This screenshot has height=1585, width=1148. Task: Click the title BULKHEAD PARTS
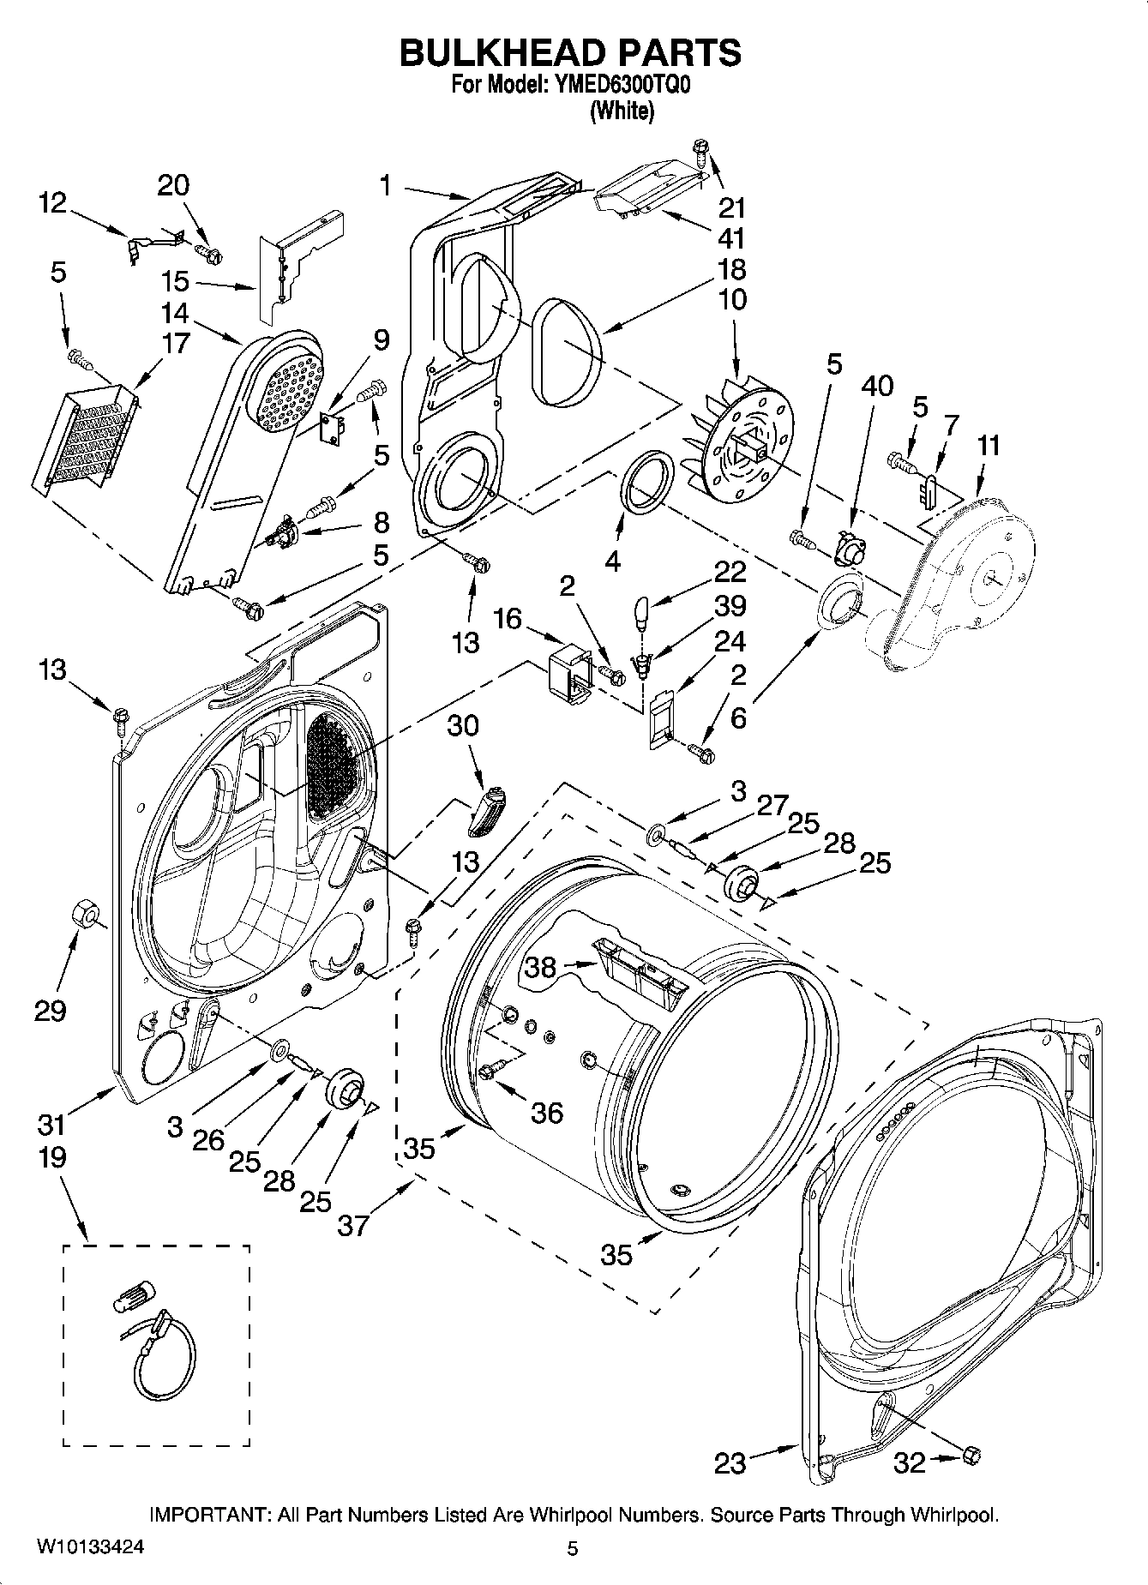pos(570,53)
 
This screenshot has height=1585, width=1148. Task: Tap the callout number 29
pos(50,1011)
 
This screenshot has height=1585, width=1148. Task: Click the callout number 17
pos(175,344)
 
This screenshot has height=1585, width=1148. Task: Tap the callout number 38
pos(542,967)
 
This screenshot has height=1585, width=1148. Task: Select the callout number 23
pos(730,1462)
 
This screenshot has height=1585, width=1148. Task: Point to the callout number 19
pos(51,1157)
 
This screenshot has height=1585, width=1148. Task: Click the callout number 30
pos(463,726)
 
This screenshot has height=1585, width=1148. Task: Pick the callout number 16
pos(508,618)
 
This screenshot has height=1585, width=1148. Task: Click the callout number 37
pos(352,1225)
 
